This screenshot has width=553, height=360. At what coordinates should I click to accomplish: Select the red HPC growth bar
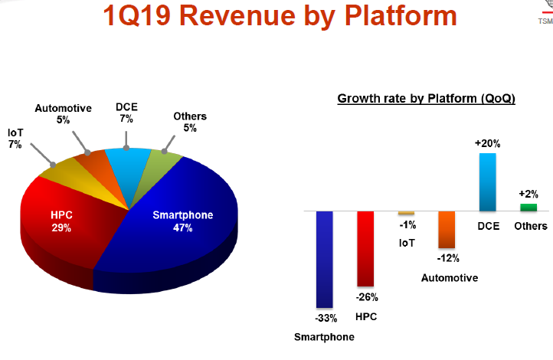[365, 248]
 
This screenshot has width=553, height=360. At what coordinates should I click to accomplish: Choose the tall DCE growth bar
[487, 182]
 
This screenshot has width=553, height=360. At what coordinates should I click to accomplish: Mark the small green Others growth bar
[528, 207]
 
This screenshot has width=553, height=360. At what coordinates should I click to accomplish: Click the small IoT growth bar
[406, 212]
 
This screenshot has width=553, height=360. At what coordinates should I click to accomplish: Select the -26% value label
[365, 297]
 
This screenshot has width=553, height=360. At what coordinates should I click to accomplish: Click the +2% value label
[528, 194]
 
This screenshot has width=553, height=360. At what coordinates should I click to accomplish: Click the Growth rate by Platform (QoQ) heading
[427, 99]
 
